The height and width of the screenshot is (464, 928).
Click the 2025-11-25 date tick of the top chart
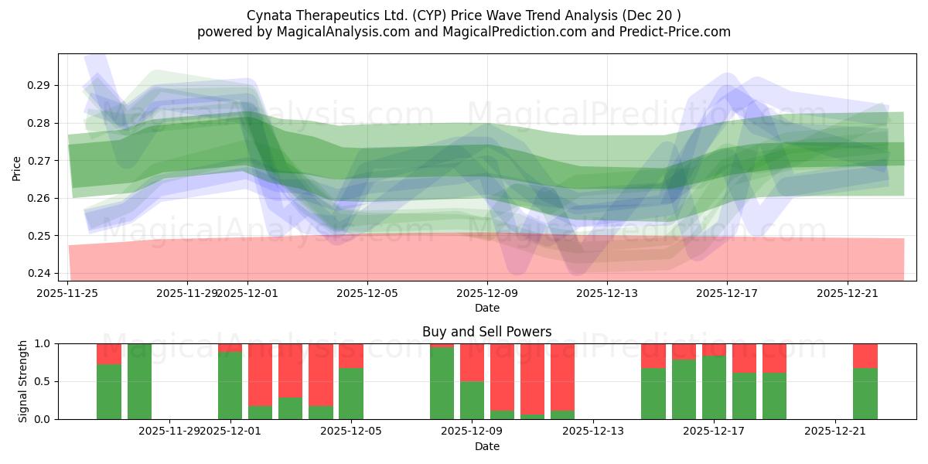tap(68, 293)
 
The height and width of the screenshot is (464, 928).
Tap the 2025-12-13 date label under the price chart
tap(606, 293)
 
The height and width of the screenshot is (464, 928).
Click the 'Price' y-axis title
tap(17, 168)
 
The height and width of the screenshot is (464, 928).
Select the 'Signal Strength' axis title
tap(23, 381)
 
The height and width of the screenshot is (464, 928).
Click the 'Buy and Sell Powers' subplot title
tap(486, 332)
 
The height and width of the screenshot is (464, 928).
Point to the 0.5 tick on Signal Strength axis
tap(44, 381)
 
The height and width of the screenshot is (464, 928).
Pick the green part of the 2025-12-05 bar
tap(351, 394)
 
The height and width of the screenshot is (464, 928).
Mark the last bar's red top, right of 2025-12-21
tap(865, 355)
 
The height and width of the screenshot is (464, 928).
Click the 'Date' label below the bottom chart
tap(486, 446)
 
